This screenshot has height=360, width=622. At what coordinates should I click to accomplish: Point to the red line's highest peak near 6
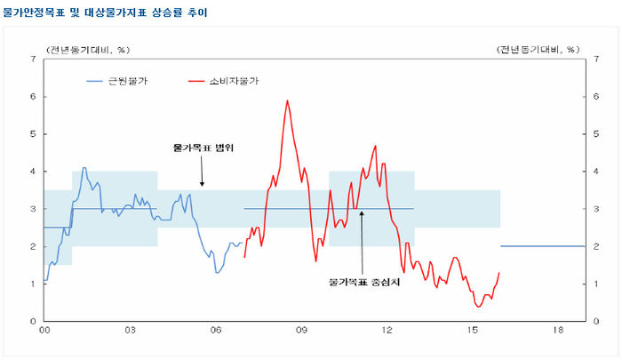click(x=287, y=100)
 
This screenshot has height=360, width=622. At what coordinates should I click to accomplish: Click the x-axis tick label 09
click(x=301, y=331)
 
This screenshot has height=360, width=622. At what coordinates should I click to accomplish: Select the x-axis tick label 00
click(x=44, y=331)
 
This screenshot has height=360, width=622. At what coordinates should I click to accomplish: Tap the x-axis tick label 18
click(x=558, y=331)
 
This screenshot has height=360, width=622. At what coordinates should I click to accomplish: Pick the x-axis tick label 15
click(x=473, y=331)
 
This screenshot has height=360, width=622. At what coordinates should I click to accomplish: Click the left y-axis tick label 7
click(x=33, y=59)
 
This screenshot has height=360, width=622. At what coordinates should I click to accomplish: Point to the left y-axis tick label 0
click(x=33, y=321)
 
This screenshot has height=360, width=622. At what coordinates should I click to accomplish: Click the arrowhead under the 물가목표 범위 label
click(x=202, y=185)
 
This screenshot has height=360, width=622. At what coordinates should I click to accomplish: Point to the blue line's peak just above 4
click(x=84, y=168)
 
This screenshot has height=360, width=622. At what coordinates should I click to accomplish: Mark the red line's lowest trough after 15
click(x=478, y=306)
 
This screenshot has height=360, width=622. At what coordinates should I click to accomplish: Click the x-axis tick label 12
click(x=387, y=331)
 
